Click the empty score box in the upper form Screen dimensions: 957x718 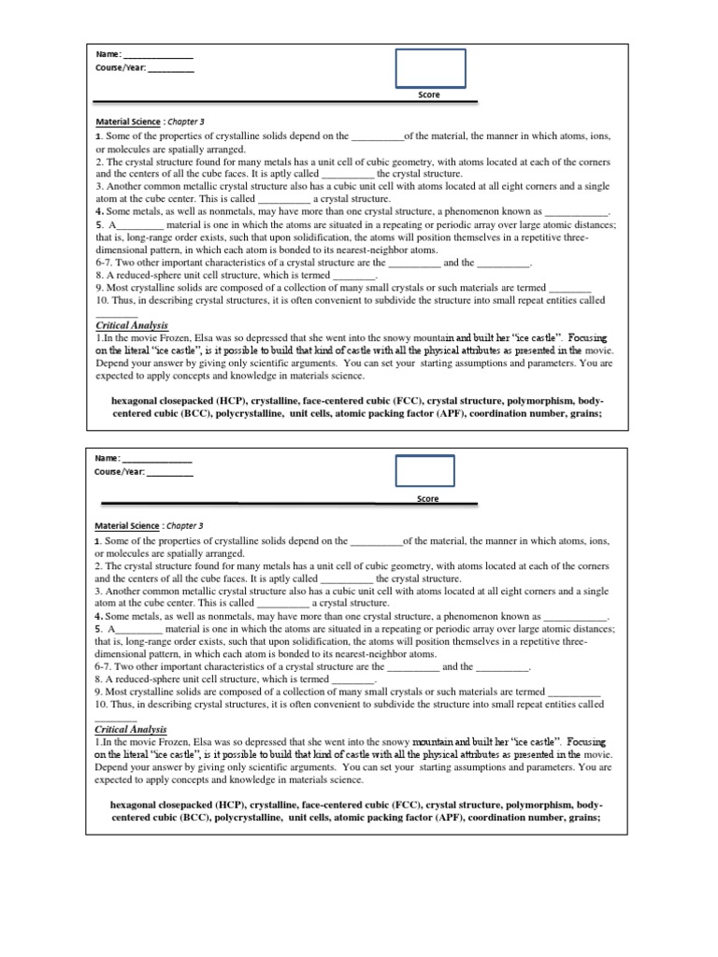click(x=430, y=67)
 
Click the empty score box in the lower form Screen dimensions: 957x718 click(x=424, y=470)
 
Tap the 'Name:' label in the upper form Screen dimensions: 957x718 click(x=108, y=54)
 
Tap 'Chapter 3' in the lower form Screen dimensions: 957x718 click(x=185, y=525)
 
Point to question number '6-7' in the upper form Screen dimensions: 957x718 click(x=105, y=263)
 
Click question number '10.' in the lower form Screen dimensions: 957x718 click(x=102, y=704)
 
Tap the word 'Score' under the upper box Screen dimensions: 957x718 click(x=428, y=95)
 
